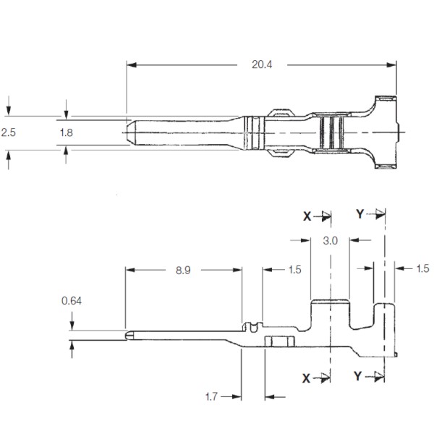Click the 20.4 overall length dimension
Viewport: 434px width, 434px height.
click(262, 64)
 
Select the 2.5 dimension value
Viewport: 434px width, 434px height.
click(9, 132)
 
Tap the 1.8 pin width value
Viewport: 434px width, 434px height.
click(66, 132)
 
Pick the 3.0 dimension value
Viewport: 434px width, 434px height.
click(330, 241)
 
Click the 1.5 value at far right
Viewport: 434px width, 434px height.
click(422, 269)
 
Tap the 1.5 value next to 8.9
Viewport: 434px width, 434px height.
click(294, 270)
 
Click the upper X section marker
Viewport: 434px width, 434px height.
click(307, 215)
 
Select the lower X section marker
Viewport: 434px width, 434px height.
click(307, 377)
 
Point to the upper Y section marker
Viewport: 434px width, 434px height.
click(360, 213)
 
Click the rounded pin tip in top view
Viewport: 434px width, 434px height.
click(129, 132)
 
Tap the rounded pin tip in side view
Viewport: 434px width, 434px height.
click(128, 334)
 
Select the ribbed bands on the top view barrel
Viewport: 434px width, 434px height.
click(331, 132)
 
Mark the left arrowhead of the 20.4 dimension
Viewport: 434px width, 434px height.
click(130, 64)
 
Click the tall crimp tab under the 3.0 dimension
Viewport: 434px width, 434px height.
click(330, 318)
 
